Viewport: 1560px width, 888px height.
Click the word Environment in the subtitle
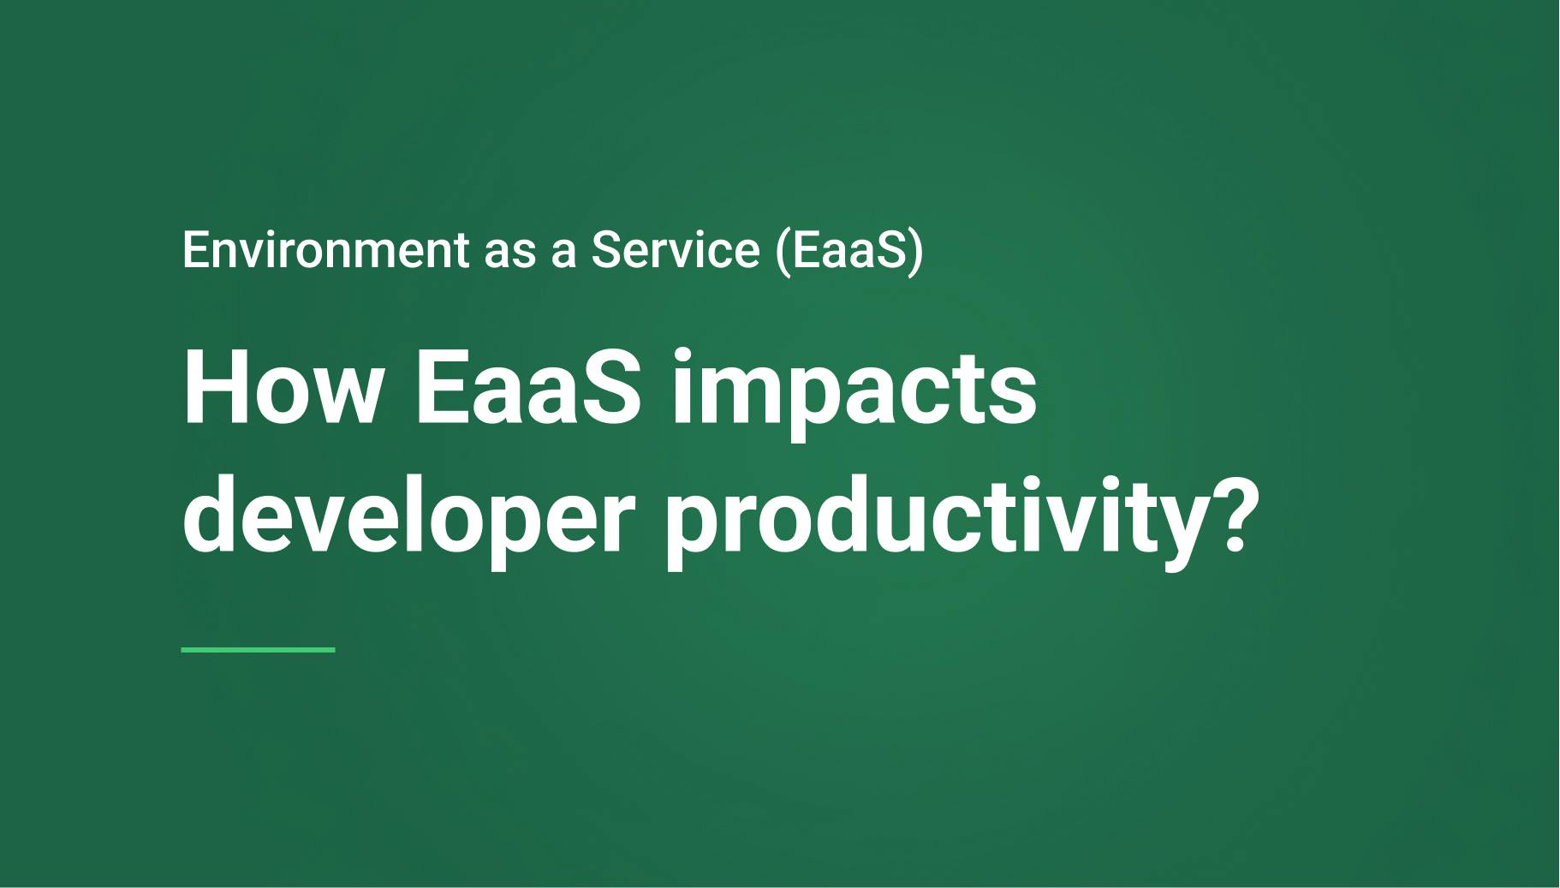pyautogui.click(x=325, y=250)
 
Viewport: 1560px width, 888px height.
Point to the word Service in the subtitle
pyautogui.click(x=675, y=250)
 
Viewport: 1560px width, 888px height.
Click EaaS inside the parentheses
pyautogui.click(x=848, y=250)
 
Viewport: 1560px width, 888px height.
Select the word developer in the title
pyautogui.click(x=408, y=518)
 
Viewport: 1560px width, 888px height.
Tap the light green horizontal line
pyautogui.click(x=258, y=650)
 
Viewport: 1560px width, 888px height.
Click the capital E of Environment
pyautogui.click(x=194, y=250)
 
